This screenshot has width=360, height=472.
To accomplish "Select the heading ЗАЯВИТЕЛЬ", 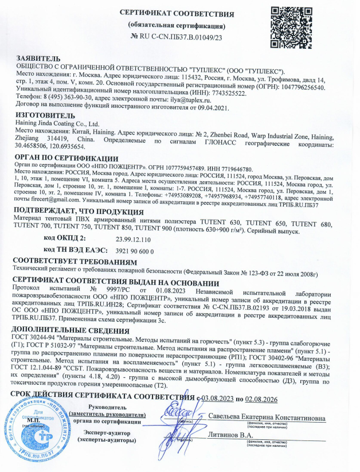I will (x=38, y=58).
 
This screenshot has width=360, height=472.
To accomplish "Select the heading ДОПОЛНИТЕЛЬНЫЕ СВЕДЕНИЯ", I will (x=73, y=331).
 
